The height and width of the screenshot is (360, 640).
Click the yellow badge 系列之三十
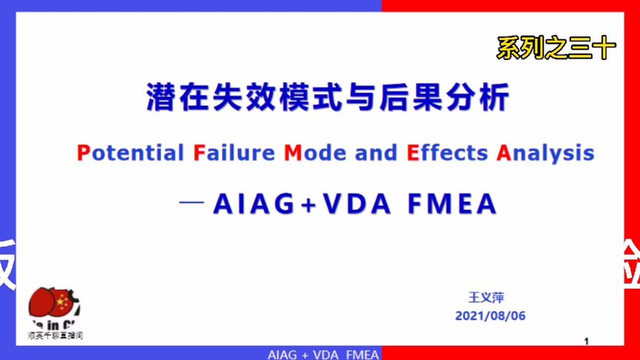[556, 49]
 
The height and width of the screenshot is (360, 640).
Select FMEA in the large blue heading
[451, 204]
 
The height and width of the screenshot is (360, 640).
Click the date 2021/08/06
[490, 316]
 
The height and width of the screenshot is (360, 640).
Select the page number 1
[586, 341]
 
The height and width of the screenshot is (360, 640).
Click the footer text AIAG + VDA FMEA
[323, 354]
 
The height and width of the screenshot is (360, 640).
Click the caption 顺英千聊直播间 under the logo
[55, 335]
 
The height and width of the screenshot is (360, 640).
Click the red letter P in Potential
[82, 153]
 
